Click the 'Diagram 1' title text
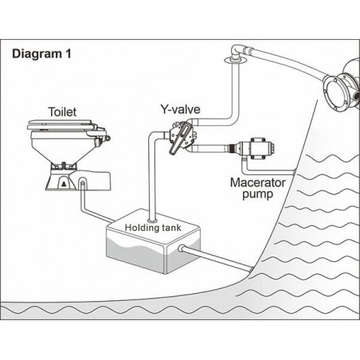(x=41, y=54)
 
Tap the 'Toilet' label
(x=62, y=112)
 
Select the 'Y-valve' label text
(x=180, y=109)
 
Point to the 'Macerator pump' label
(x=257, y=188)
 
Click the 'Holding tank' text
(x=153, y=228)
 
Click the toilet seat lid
(x=61, y=124)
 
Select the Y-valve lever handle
(x=180, y=140)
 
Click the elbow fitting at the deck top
(x=238, y=51)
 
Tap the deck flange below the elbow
(x=236, y=61)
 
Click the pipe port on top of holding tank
(x=152, y=220)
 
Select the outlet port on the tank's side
(x=182, y=248)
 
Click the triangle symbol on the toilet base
(x=64, y=184)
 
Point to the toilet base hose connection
(x=83, y=183)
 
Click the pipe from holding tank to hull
(x=217, y=260)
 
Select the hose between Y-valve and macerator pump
(x=209, y=148)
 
